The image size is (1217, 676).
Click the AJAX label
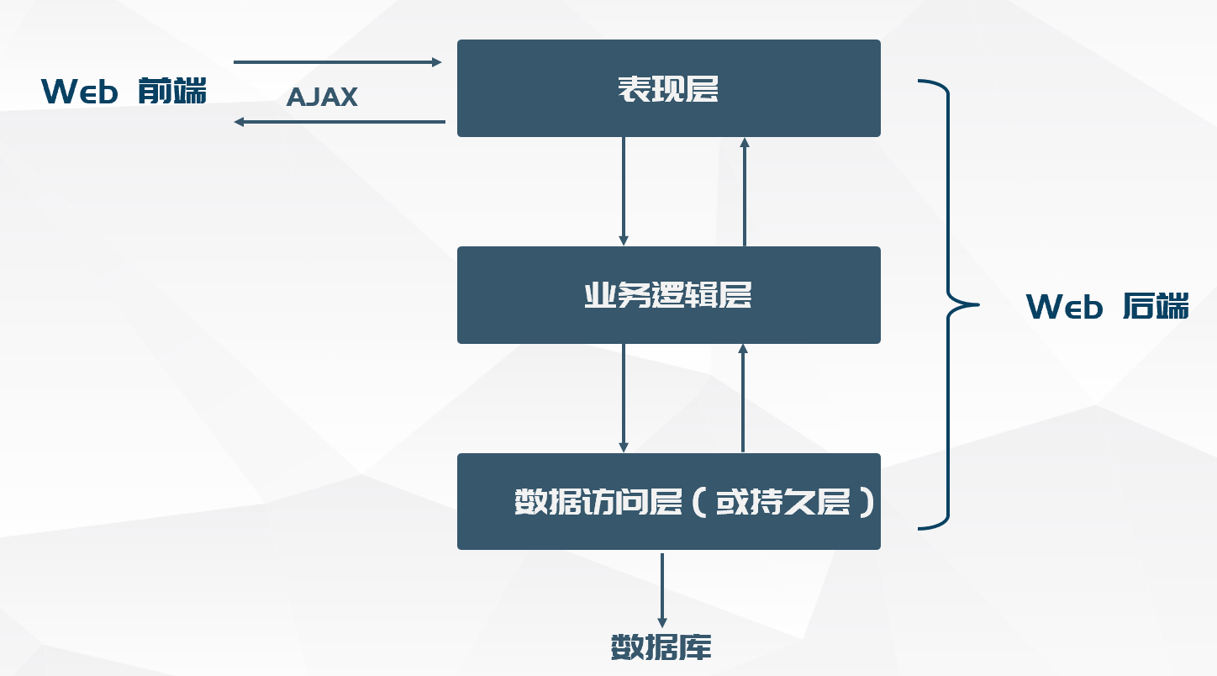(x=322, y=98)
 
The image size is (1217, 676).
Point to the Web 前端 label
(x=124, y=91)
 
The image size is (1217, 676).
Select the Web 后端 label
(x=1108, y=307)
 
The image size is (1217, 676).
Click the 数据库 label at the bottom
(x=661, y=647)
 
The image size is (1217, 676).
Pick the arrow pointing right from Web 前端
(x=337, y=62)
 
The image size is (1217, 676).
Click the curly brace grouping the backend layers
(x=948, y=304)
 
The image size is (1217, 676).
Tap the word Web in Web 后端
(x=1064, y=308)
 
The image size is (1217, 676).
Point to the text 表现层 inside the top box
(x=668, y=88)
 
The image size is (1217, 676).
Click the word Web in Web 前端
(x=80, y=92)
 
